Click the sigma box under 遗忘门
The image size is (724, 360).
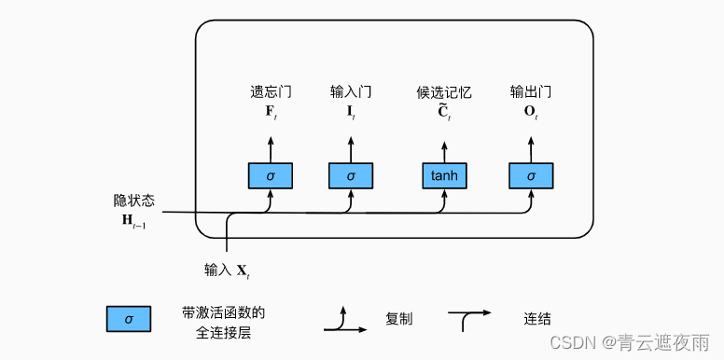click(x=271, y=174)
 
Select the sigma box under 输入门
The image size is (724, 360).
click(x=351, y=174)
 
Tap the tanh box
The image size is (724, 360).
click(x=444, y=174)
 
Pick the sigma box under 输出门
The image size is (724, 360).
click(x=531, y=174)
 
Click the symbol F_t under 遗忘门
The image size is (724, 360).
click(x=271, y=112)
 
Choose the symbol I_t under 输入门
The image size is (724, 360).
click(x=351, y=112)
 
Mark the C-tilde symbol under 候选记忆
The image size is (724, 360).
click(x=444, y=112)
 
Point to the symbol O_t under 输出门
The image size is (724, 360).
click(x=531, y=112)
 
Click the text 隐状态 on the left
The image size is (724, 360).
click(x=134, y=201)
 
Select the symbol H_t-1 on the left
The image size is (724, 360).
click(x=132, y=220)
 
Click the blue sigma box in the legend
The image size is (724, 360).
click(x=129, y=320)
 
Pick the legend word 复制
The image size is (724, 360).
click(x=399, y=319)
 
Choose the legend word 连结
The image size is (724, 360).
click(x=537, y=319)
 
